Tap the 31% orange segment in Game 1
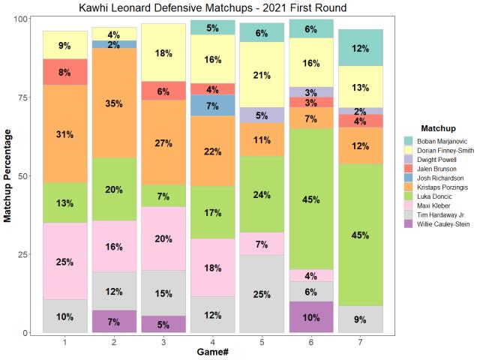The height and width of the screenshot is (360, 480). (x=65, y=134)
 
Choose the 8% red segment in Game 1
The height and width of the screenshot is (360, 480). (x=65, y=72)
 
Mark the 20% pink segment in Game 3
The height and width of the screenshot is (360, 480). (x=163, y=238)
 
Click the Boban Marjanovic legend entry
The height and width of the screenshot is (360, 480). (x=442, y=140)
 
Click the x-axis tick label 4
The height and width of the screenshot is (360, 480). (x=212, y=341)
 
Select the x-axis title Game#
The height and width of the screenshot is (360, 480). (x=212, y=352)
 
